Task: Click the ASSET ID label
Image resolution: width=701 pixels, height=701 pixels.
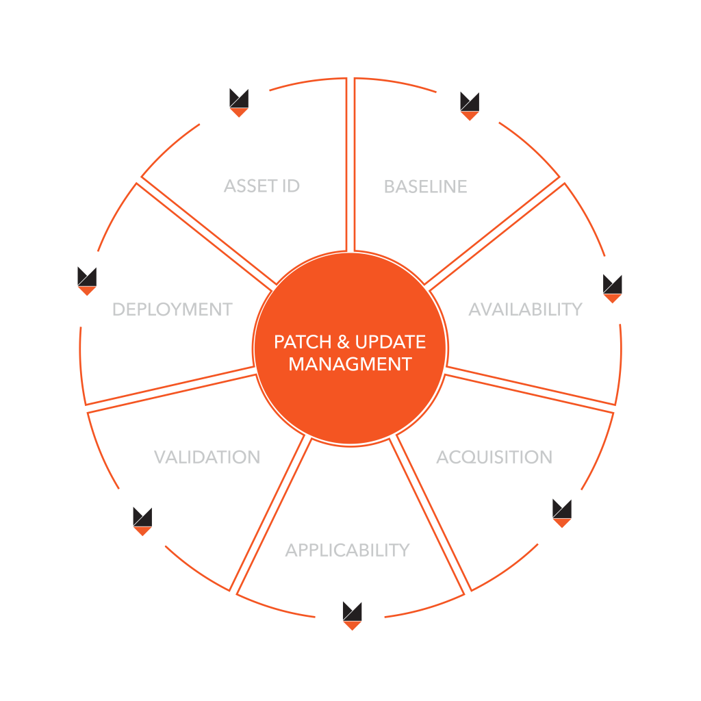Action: [262, 186]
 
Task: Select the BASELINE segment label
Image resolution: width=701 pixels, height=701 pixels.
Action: [425, 186]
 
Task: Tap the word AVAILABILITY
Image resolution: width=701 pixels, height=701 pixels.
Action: [525, 309]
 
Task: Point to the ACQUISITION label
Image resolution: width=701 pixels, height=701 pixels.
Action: [494, 457]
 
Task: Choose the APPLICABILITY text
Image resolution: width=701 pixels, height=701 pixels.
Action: [347, 550]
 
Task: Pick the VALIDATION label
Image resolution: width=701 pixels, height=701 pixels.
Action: [207, 457]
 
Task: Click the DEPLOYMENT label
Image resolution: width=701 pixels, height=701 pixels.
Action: [172, 309]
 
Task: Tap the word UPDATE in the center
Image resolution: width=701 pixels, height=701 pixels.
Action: [390, 342]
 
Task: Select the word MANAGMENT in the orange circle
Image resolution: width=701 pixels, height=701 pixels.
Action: [350, 364]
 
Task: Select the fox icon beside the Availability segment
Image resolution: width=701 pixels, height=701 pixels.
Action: [612, 288]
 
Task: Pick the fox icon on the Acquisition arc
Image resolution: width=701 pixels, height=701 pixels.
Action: [561, 513]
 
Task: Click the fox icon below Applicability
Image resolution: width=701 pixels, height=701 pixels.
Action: [352, 615]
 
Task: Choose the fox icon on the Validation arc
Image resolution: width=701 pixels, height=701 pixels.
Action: [142, 522]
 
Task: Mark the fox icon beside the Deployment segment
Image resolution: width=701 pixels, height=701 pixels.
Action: [87, 281]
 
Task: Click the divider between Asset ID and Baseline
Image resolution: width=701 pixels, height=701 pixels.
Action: [350, 164]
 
